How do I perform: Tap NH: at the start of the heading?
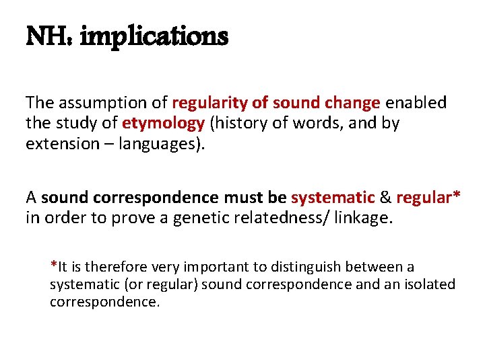coord(49,37)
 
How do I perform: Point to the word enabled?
coord(417,103)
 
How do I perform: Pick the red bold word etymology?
coord(163,124)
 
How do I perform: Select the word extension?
coord(59,145)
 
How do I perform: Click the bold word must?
coord(243,198)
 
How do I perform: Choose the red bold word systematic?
coord(333,198)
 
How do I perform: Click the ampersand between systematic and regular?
coord(386,198)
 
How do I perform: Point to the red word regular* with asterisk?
coord(428,198)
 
